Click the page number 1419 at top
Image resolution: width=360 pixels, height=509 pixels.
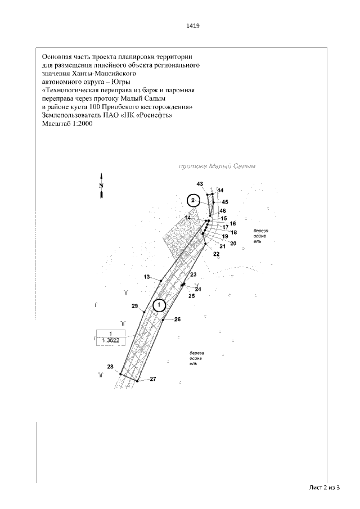pos(193,26)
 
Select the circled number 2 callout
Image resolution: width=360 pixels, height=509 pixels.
pos(193,200)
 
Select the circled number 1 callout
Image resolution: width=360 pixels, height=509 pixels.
pos(159,305)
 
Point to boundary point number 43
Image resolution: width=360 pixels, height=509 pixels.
pos(200,184)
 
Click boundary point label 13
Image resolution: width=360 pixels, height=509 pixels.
pos(147,277)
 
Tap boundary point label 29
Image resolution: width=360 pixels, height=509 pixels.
pos(134,305)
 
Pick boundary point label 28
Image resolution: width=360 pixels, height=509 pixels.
pos(110,367)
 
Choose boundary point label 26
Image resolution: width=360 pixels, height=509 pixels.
pos(177,319)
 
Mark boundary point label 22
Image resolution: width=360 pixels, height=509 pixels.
pos(216,254)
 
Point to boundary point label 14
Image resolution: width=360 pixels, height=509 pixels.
pos(188,217)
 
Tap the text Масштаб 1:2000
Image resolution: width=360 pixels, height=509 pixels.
pos(66,124)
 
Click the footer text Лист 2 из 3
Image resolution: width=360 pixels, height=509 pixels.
pos(325,487)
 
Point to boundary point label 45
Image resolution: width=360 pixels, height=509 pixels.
pos(225,201)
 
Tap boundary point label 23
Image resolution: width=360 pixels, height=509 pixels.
pos(193,274)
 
